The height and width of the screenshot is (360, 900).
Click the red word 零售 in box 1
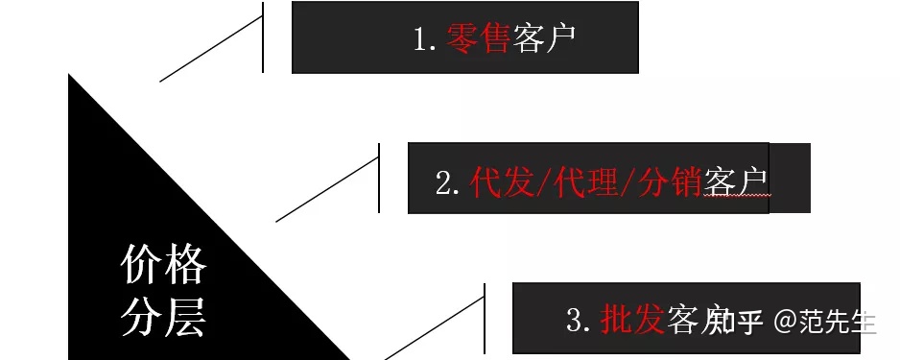click(x=477, y=38)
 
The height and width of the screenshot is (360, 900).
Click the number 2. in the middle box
click(x=448, y=183)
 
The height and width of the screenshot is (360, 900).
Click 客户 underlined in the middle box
click(x=737, y=182)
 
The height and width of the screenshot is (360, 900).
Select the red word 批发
click(x=632, y=320)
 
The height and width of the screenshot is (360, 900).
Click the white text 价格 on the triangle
click(x=163, y=264)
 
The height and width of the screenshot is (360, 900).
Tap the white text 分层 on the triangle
click(x=163, y=317)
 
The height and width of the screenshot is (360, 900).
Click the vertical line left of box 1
click(x=262, y=38)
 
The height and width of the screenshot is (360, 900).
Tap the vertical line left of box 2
click(x=379, y=178)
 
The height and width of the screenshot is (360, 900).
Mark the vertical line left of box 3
click(x=484, y=317)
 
